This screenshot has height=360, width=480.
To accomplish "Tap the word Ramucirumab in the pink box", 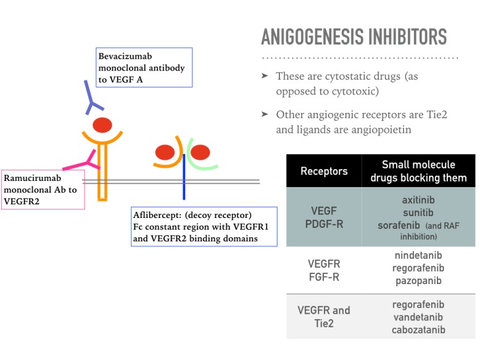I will [32, 178].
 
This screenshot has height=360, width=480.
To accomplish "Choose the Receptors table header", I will [324, 171].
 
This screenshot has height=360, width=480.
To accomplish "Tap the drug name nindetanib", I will [418, 256].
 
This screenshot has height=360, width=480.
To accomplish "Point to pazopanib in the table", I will [418, 280].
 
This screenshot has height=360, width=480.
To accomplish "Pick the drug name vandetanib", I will [418, 317].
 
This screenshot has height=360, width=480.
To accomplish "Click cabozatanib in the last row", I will [418, 330].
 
